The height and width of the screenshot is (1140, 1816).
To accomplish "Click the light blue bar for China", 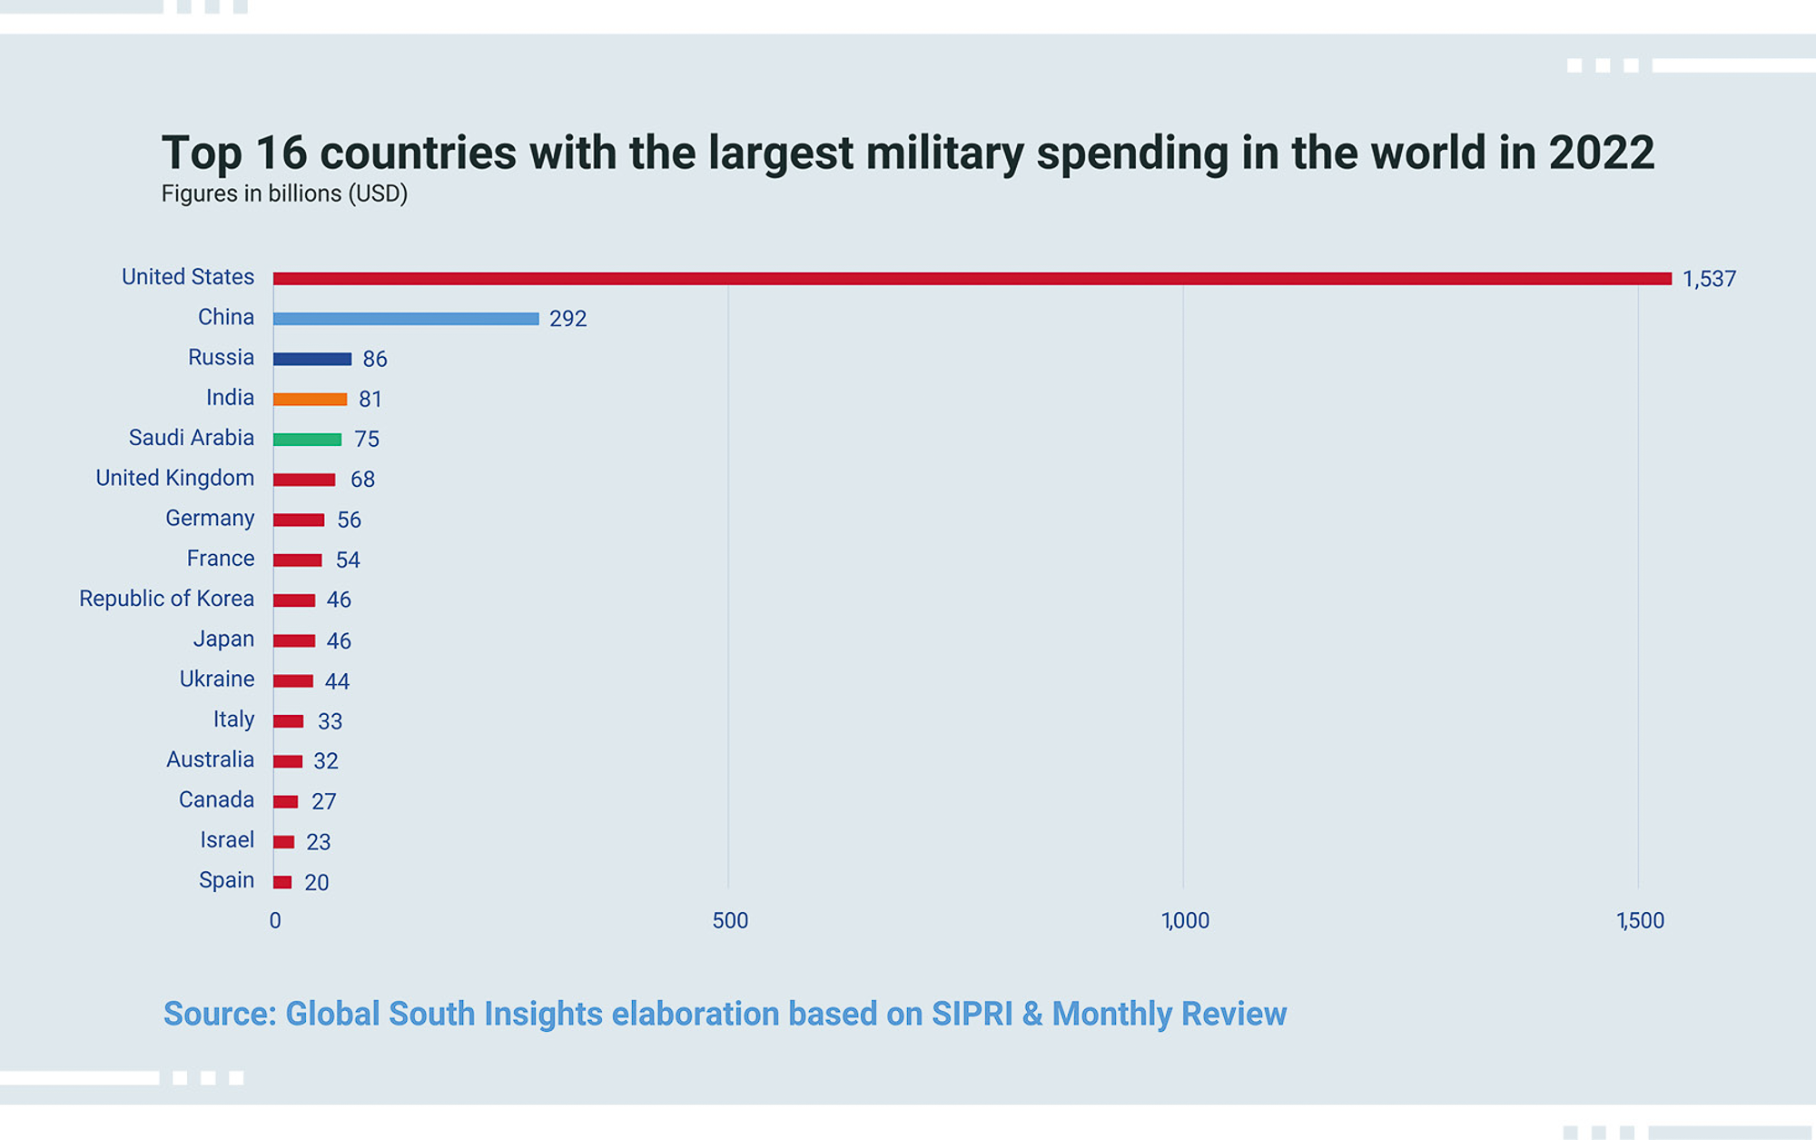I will point(406,319).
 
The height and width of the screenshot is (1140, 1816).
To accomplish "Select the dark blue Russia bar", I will point(312,359).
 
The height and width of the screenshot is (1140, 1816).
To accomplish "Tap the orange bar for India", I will point(310,399).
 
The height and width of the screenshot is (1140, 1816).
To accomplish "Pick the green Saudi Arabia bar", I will point(307,440).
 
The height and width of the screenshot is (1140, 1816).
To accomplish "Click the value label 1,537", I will point(1709,279).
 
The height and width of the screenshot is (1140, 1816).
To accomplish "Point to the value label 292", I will point(567,319).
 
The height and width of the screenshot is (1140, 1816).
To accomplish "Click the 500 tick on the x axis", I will point(730,921).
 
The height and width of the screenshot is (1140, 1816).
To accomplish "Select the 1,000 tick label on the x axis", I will point(1185,921).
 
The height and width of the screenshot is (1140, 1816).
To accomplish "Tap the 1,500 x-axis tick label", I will point(1640,921).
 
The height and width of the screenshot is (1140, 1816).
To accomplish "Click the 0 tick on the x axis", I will point(275,921).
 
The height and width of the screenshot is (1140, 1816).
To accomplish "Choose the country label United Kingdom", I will point(175,478).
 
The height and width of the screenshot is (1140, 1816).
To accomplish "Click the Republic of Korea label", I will point(166,599).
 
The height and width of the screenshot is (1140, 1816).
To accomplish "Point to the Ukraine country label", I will point(217,679).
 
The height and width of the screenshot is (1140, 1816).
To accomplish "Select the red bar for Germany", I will point(299,520).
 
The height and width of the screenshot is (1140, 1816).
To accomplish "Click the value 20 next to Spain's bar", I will point(316,882).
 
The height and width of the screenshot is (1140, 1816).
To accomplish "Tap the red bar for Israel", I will point(283,842).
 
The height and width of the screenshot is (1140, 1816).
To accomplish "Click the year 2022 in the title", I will point(1602,153).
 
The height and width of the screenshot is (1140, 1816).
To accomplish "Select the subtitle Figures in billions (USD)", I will point(284,193).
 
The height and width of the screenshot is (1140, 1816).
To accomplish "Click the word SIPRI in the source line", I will point(972,1014).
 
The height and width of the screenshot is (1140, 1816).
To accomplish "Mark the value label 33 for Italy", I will point(330,721).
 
